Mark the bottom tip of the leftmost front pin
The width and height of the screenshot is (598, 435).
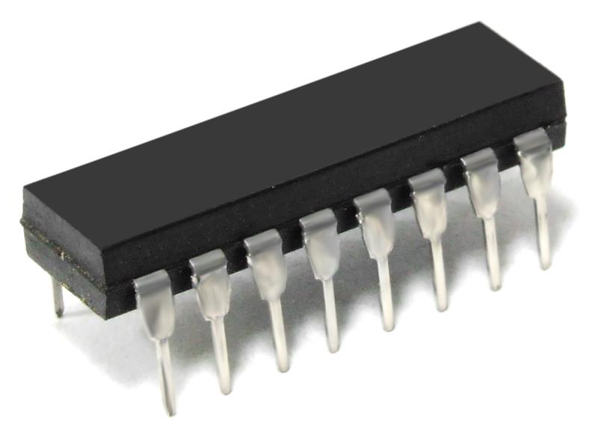[x=170, y=407]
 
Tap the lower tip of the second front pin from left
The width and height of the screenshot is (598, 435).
[x=224, y=387]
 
